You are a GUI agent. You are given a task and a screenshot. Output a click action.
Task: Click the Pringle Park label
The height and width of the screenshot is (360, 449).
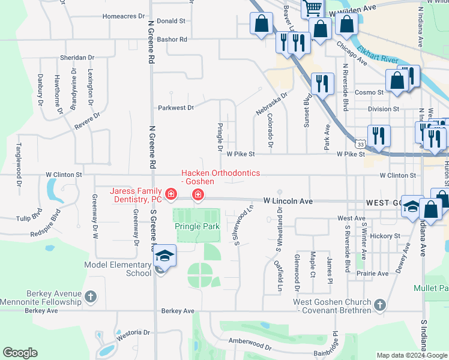coord(197,226)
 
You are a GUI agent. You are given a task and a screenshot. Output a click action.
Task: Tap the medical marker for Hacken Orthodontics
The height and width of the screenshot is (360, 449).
coord(197,194)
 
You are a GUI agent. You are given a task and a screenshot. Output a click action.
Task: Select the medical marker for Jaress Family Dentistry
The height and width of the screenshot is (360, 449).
coord(171,194)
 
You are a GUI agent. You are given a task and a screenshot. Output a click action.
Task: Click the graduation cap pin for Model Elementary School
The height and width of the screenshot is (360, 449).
coord(164,257)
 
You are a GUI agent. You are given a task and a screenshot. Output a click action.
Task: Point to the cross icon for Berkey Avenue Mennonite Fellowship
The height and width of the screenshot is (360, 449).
coord(90,296)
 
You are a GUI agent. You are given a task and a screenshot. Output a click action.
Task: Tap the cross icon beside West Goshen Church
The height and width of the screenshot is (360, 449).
coord(379,305)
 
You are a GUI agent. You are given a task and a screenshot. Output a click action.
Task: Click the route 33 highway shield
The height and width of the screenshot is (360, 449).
coord(360,145)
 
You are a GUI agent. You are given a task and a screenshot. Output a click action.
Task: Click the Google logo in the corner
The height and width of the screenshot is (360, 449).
coord(20,353)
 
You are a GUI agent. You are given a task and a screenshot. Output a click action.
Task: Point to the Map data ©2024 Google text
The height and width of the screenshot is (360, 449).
coord(411,355)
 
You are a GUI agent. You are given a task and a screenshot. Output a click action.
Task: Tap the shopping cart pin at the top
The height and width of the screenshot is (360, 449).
coord(313,8)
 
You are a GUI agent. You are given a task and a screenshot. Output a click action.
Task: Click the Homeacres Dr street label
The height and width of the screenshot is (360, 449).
coord(124,16)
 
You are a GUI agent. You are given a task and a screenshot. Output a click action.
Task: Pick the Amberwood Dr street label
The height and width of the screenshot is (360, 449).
coord(250,344)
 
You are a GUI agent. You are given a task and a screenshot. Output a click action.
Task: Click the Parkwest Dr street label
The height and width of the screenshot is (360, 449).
coord(176,108)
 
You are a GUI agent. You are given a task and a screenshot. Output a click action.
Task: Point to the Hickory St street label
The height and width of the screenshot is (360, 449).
coord(385,236)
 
